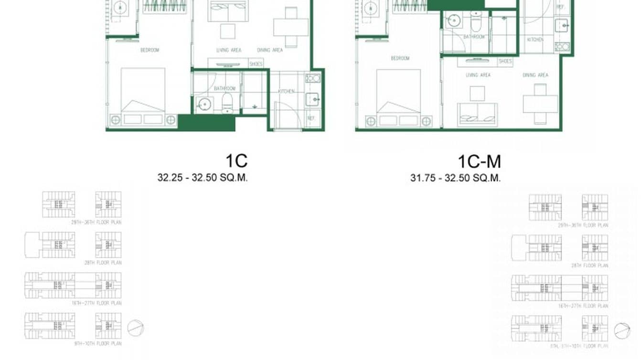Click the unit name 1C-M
(479, 162)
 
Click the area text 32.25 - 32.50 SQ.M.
(203, 178)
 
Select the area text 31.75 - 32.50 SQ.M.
(455, 178)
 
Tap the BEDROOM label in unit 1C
(150, 50)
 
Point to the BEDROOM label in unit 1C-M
(400, 58)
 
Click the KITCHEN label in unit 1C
(286, 91)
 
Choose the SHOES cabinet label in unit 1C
(256, 64)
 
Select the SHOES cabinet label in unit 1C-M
(505, 62)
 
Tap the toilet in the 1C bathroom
(227, 102)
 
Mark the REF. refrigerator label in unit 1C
(311, 118)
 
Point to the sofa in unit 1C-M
(477, 115)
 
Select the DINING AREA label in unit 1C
(270, 50)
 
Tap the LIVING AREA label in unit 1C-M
(478, 75)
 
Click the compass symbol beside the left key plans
(136, 328)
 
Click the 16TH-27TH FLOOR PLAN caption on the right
(583, 306)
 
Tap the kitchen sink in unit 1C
(313, 99)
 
